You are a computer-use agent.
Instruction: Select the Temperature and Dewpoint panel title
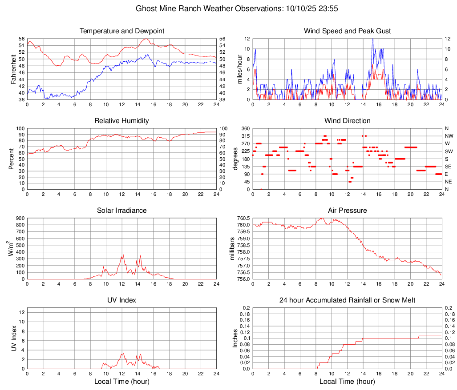pyautogui.click(x=122, y=31)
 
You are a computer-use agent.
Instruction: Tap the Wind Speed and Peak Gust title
pyautogui.click(x=347, y=31)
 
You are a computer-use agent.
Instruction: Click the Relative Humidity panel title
pyautogui.click(x=122, y=121)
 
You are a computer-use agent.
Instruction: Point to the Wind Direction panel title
pyautogui.click(x=347, y=121)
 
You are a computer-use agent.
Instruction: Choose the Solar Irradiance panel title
pyautogui.click(x=122, y=211)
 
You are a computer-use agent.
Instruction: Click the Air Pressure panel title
pyautogui.click(x=347, y=211)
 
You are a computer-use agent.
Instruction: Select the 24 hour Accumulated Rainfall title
pyautogui.click(x=347, y=301)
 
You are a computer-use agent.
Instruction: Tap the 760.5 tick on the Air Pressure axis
pyautogui.click(x=243, y=219)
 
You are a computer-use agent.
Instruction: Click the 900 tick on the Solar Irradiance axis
pyautogui.click(x=19, y=219)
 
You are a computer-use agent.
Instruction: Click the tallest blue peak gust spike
pyautogui.click(x=372, y=40)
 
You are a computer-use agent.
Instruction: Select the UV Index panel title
pyautogui.click(x=122, y=301)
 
